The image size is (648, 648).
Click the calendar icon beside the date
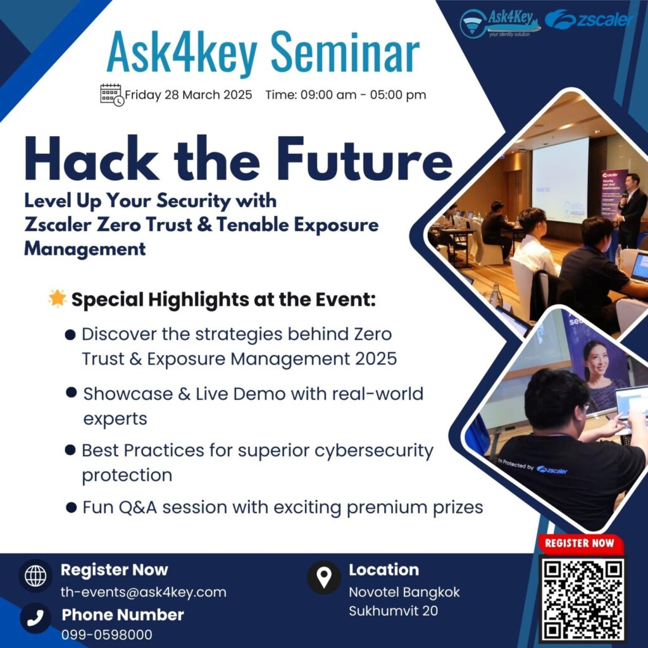pos(112,95)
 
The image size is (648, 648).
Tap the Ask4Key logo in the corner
pos(500,23)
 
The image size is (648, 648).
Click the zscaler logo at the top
pos(589,20)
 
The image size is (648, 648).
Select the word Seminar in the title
pos(345,53)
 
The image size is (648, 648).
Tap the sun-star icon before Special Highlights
pos(57,299)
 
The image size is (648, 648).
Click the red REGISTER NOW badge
pos(580,543)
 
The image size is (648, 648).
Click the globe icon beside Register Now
pos(35,575)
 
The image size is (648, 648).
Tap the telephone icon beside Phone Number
pos(35,618)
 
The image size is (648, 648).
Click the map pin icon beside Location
pos(324,577)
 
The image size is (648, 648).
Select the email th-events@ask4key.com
pos(144,592)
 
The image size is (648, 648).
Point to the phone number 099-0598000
pos(106,634)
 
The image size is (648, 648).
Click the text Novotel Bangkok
pos(404,592)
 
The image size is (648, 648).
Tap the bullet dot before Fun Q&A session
pos(71,507)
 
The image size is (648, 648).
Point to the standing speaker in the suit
pos(630,211)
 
